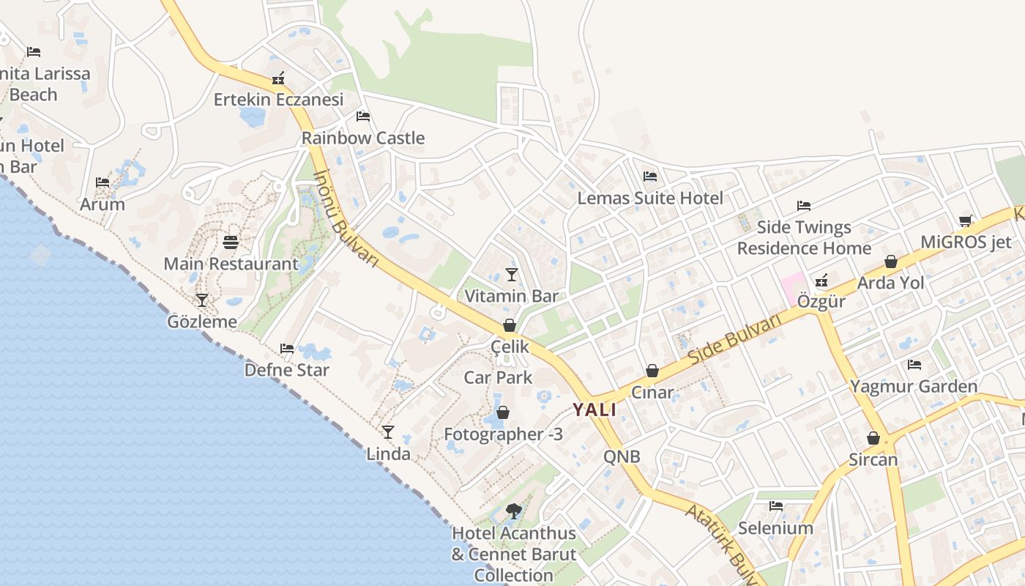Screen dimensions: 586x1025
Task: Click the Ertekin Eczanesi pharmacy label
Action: [x=278, y=99]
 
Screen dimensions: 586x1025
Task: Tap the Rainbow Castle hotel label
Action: [x=363, y=138]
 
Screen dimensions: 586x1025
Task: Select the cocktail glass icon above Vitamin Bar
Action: [x=512, y=275]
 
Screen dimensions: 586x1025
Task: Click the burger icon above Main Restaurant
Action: [x=231, y=242]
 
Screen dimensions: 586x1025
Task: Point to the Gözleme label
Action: [x=202, y=322]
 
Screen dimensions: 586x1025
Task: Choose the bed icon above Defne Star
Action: [x=287, y=349]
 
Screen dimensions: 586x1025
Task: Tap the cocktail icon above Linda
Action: [x=388, y=432]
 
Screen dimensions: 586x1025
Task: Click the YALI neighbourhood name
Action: [x=594, y=410]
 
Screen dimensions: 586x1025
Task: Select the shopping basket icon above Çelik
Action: [x=510, y=325]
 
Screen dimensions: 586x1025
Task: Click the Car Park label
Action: [x=499, y=378]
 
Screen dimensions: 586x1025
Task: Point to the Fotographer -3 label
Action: [x=504, y=434]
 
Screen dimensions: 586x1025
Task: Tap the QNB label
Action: [x=622, y=457]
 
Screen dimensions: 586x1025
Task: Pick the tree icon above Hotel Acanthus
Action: [x=514, y=511]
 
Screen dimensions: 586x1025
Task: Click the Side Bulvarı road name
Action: [x=735, y=341]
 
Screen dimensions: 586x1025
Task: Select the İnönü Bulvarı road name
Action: [x=346, y=218]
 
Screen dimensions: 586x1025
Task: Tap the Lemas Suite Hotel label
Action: [x=650, y=198]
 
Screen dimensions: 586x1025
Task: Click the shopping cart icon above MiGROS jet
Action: [x=966, y=220]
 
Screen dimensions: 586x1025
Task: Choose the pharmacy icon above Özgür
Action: [x=821, y=280]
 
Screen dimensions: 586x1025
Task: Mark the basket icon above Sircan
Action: [x=873, y=438]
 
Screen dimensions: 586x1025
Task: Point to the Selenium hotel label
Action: [x=775, y=528]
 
